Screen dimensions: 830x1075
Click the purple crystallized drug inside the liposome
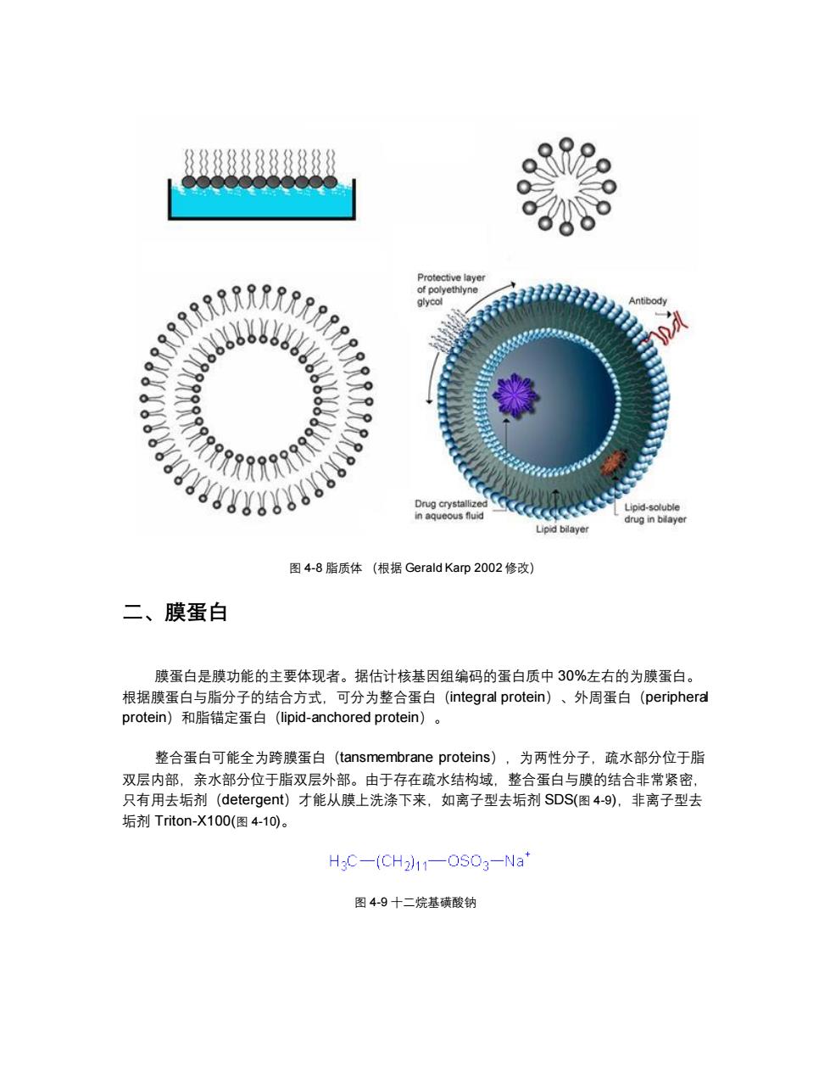tap(515, 395)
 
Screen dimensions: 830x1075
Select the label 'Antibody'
tap(647, 301)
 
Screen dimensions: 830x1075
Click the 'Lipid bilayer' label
tap(562, 529)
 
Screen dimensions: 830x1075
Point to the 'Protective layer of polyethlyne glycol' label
tap(450, 289)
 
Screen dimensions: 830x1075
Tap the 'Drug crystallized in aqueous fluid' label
tap(451, 510)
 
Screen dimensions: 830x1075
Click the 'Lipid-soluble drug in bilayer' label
tap(655, 513)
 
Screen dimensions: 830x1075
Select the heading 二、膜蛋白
tap(175, 612)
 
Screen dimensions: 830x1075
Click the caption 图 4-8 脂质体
tap(326, 568)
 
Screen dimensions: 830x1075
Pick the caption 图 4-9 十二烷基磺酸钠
tap(415, 903)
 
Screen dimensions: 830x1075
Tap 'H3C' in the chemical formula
tap(343, 862)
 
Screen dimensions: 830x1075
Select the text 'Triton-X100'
tap(192, 820)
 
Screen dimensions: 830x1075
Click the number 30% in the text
tap(572, 675)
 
